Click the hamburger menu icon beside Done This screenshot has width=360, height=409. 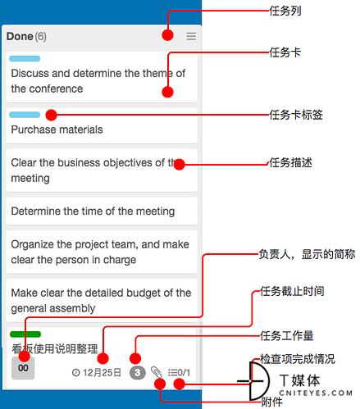click(191, 36)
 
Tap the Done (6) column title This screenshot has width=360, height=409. click(26, 36)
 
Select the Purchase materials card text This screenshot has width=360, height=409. click(57, 130)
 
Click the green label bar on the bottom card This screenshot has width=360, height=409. click(25, 334)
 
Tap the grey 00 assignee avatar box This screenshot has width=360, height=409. click(23, 368)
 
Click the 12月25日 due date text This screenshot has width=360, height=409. click(102, 372)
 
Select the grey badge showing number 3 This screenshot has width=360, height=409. click(138, 372)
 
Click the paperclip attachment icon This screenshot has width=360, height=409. click(156, 372)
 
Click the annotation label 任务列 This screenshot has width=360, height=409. click(285, 11)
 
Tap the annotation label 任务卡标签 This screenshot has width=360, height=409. click(296, 115)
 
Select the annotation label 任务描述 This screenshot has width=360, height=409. click(291, 162)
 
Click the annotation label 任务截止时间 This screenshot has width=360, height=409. click(292, 291)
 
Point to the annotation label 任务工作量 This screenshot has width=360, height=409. click(287, 336)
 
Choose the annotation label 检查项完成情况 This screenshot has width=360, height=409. click(298, 359)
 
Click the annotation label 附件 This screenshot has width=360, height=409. click(272, 402)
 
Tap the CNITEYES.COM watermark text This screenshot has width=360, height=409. click(316, 393)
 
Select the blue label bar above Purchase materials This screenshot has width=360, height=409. click(25, 115)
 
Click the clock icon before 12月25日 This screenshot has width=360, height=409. click(75, 373)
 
